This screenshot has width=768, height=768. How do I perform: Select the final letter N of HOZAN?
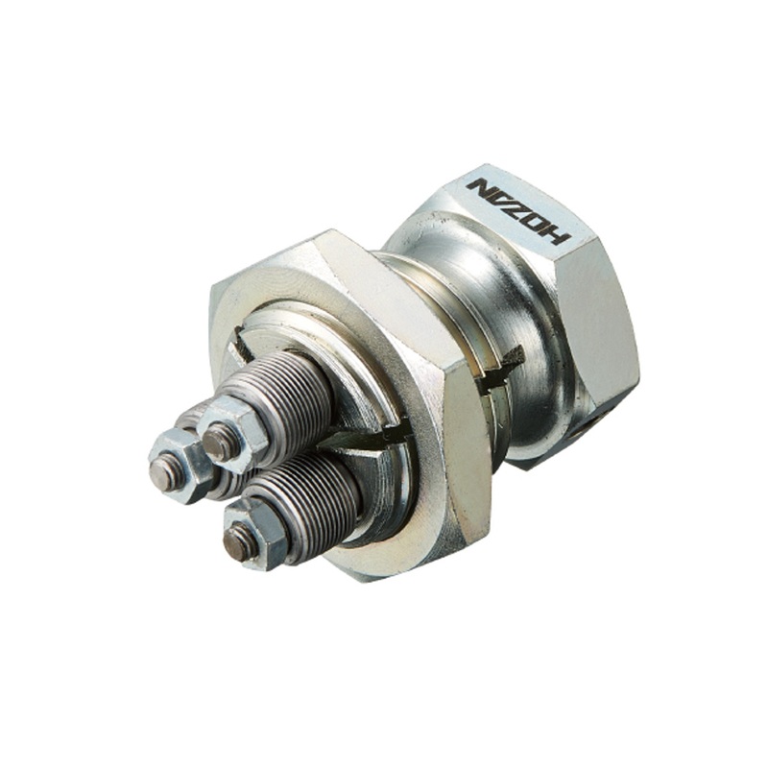[x=479, y=185]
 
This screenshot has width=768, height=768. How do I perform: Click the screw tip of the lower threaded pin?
[x=237, y=544]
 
